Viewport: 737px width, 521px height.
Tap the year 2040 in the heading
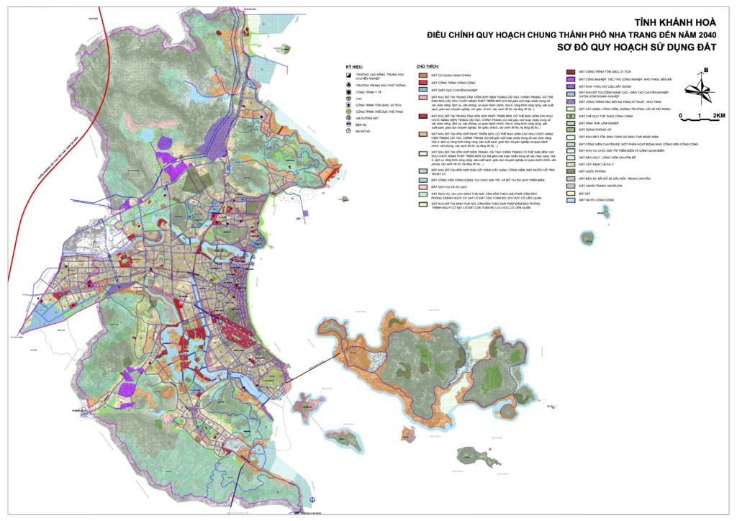(706, 36)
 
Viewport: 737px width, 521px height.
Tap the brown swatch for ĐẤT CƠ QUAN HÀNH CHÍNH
(425, 74)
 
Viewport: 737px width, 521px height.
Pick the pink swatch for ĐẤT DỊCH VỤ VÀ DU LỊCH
(425, 186)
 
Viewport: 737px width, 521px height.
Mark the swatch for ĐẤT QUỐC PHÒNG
(571, 171)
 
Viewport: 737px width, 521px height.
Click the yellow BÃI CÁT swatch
(571, 191)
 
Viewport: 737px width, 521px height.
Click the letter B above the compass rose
(707, 70)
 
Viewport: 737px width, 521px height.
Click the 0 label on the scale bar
(680, 115)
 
